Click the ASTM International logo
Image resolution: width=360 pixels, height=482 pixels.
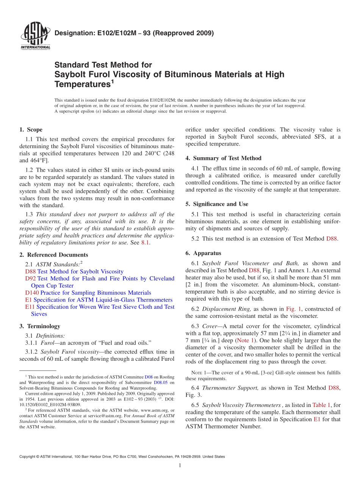[35, 36]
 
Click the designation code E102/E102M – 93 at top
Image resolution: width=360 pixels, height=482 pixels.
[135, 33]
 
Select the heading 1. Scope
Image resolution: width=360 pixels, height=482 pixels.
[31, 130]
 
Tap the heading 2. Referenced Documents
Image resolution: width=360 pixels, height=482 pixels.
[53, 255]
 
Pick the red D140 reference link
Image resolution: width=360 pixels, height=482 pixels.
[32, 293]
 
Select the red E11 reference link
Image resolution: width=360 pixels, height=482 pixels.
[29, 307]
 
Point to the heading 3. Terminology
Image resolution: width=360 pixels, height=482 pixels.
[39, 326]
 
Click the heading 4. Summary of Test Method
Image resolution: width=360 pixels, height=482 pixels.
[223, 158]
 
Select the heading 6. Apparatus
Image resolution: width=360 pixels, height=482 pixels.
[203, 253]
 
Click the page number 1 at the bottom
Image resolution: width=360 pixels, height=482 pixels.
[180, 466]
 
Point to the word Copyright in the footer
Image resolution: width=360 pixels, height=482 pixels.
[27, 457]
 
